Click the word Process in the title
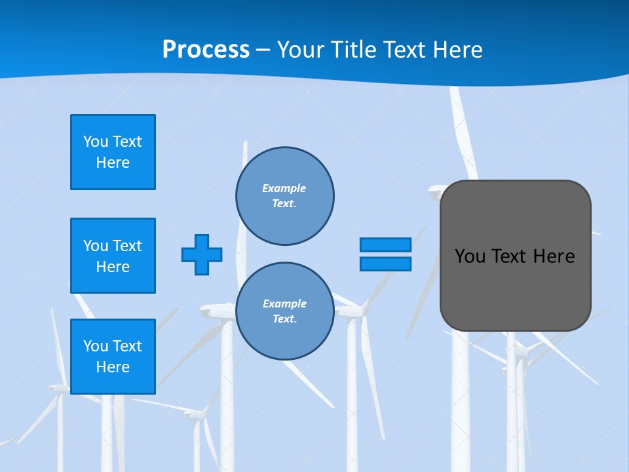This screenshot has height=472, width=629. (x=206, y=50)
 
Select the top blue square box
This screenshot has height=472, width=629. (x=113, y=152)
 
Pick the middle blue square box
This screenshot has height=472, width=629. (x=113, y=256)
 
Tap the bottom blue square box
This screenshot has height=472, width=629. (x=113, y=357)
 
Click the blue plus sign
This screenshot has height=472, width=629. (x=202, y=254)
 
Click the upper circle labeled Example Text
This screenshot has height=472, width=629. (x=284, y=196)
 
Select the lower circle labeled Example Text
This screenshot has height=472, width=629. (x=284, y=311)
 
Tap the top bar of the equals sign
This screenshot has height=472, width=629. (x=385, y=245)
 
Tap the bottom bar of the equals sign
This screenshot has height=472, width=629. (x=385, y=264)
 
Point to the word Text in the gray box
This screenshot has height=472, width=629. (x=510, y=256)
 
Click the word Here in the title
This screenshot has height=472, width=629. (x=458, y=50)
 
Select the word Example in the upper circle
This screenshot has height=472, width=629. (x=284, y=189)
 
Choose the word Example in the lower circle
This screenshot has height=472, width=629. (x=284, y=304)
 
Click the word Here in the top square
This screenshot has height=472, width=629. (x=113, y=163)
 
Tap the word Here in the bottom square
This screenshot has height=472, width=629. (x=113, y=367)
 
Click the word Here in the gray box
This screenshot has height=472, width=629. (x=554, y=256)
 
